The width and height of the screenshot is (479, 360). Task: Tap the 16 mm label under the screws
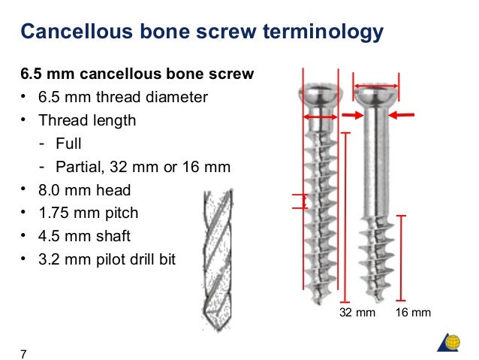(x=413, y=312)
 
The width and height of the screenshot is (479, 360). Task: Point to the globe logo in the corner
(x=452, y=342)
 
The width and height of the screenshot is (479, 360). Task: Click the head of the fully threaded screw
(x=321, y=95)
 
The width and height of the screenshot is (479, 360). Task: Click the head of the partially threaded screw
(x=377, y=95)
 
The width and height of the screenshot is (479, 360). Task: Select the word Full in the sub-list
(x=68, y=143)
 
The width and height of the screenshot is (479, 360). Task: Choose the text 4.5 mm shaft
(x=85, y=237)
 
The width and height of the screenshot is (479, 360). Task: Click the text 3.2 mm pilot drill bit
(x=109, y=261)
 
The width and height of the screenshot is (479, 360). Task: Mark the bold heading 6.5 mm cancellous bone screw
(x=137, y=74)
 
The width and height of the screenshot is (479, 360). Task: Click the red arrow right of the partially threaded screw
(x=404, y=115)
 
